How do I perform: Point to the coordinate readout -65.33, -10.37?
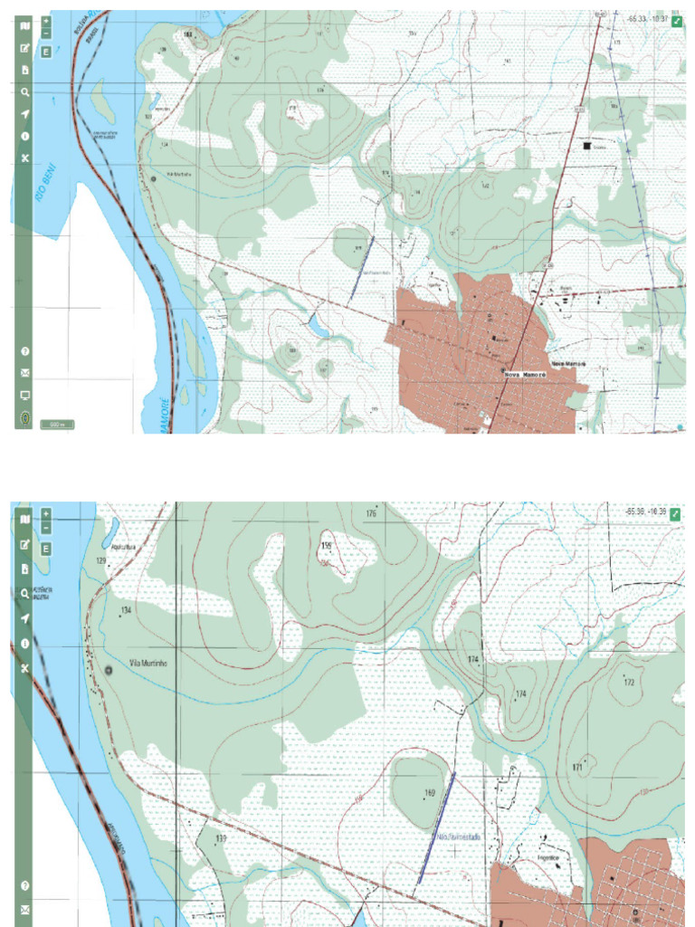[x=646, y=17]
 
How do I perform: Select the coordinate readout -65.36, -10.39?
[x=646, y=512]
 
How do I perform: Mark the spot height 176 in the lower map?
[x=371, y=513]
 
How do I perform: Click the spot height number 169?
[x=429, y=793]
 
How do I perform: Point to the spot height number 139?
[x=220, y=839]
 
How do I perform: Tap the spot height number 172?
[x=628, y=682]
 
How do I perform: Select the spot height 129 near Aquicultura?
[x=101, y=562]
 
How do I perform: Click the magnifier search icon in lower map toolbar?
[x=25, y=592]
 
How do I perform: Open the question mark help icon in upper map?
[x=25, y=351]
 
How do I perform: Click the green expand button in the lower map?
[x=675, y=514]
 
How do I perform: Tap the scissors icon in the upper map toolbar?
[x=25, y=158]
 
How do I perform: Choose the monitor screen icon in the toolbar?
[x=25, y=396]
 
